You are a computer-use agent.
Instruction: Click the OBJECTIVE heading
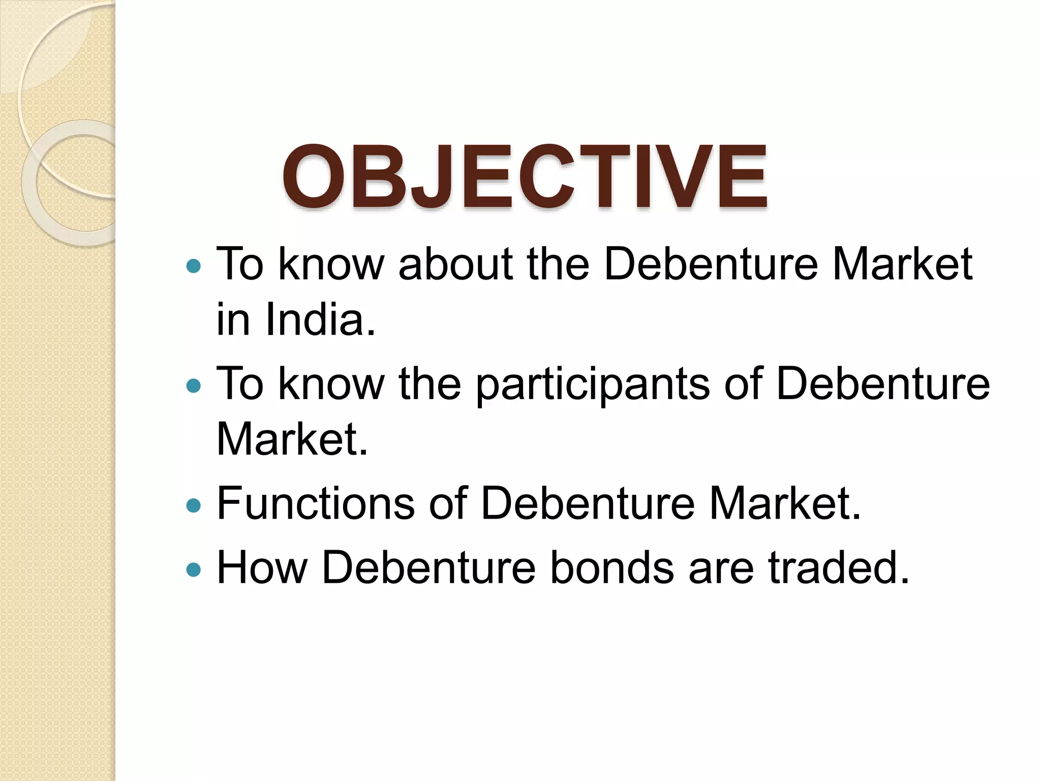click(x=525, y=177)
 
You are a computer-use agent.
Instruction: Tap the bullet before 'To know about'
click(x=194, y=265)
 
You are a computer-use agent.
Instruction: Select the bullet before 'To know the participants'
click(x=194, y=386)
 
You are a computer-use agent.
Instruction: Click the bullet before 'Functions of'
click(x=194, y=505)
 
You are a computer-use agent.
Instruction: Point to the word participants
click(x=593, y=385)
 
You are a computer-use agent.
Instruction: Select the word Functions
click(x=316, y=503)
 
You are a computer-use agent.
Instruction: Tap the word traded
click(x=839, y=567)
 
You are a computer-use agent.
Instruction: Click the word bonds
click(x=612, y=567)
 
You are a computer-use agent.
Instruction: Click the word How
click(x=262, y=567)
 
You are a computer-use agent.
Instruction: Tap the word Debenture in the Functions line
click(x=588, y=503)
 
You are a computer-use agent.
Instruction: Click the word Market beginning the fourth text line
click(x=291, y=439)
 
